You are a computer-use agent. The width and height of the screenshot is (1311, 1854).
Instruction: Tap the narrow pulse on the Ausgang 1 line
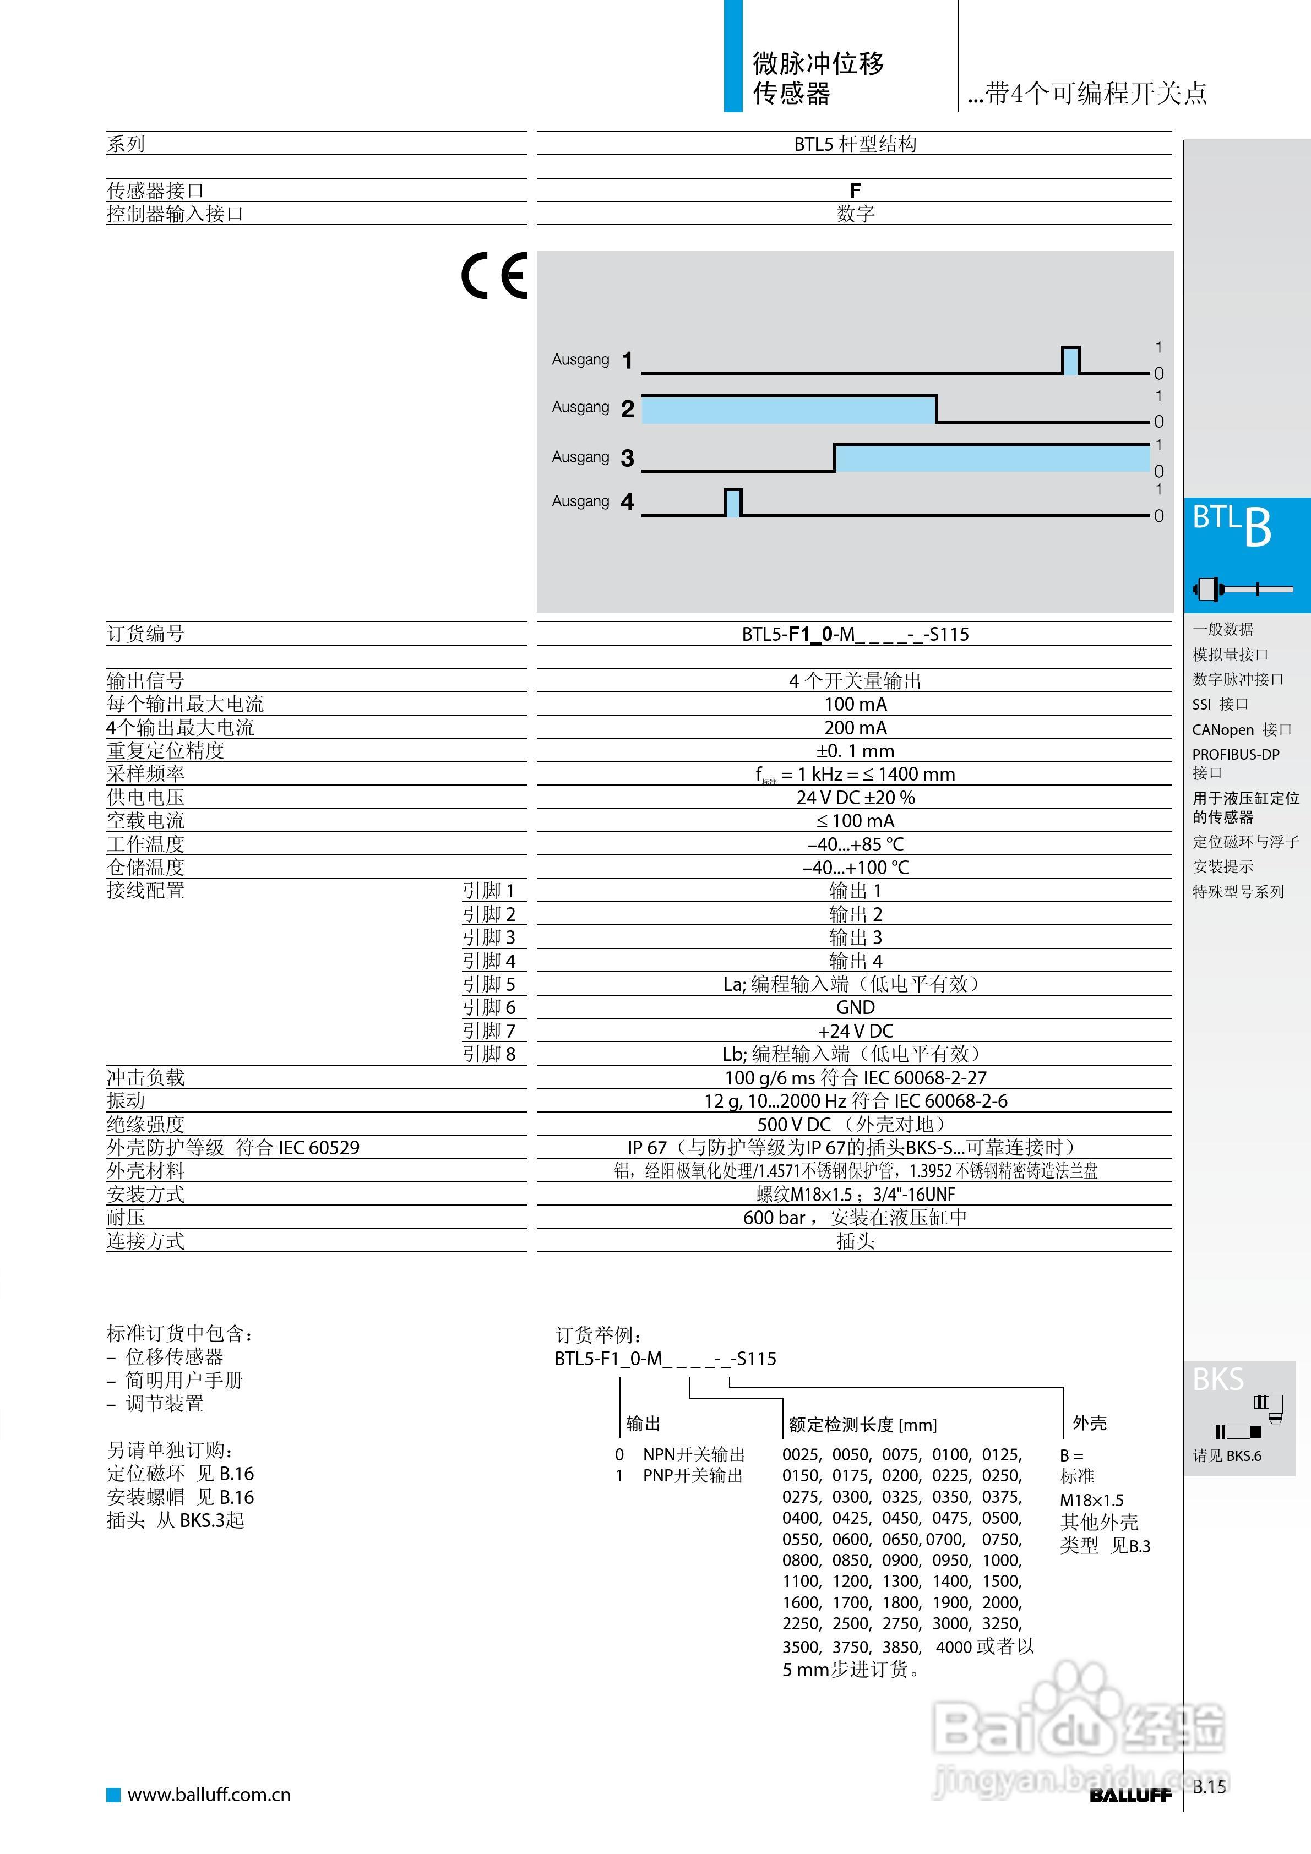(1070, 360)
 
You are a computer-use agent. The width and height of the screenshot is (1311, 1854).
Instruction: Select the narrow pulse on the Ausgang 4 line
(733, 502)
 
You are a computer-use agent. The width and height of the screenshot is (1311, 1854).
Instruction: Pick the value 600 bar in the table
(774, 1218)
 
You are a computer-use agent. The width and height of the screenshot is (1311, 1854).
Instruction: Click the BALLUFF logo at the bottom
(1130, 1795)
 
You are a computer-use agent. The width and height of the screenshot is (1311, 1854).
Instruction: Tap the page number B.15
(1209, 1787)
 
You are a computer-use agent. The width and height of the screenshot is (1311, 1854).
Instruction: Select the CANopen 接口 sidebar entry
(1242, 730)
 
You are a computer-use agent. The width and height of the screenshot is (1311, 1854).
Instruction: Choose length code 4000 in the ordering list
(953, 1646)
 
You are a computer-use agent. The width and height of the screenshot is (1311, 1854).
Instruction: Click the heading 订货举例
(598, 1335)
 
